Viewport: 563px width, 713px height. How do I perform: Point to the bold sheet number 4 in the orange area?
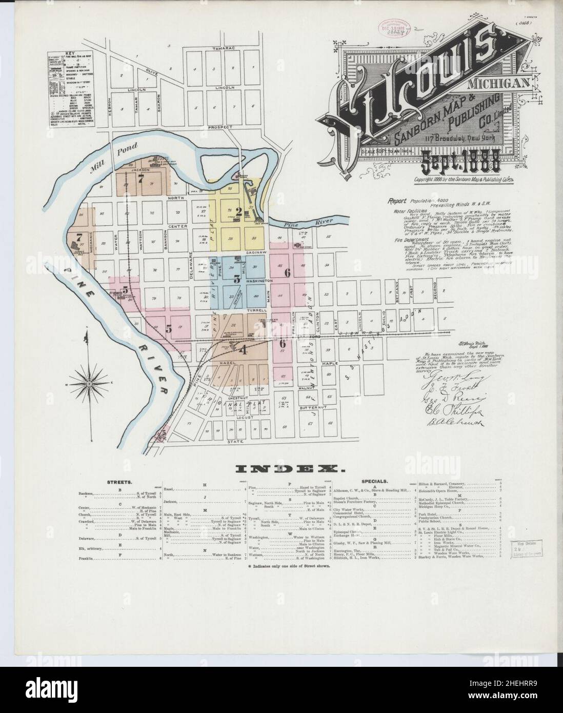pyautogui.click(x=243, y=351)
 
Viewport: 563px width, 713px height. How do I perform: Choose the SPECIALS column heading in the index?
pyautogui.click(x=374, y=482)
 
